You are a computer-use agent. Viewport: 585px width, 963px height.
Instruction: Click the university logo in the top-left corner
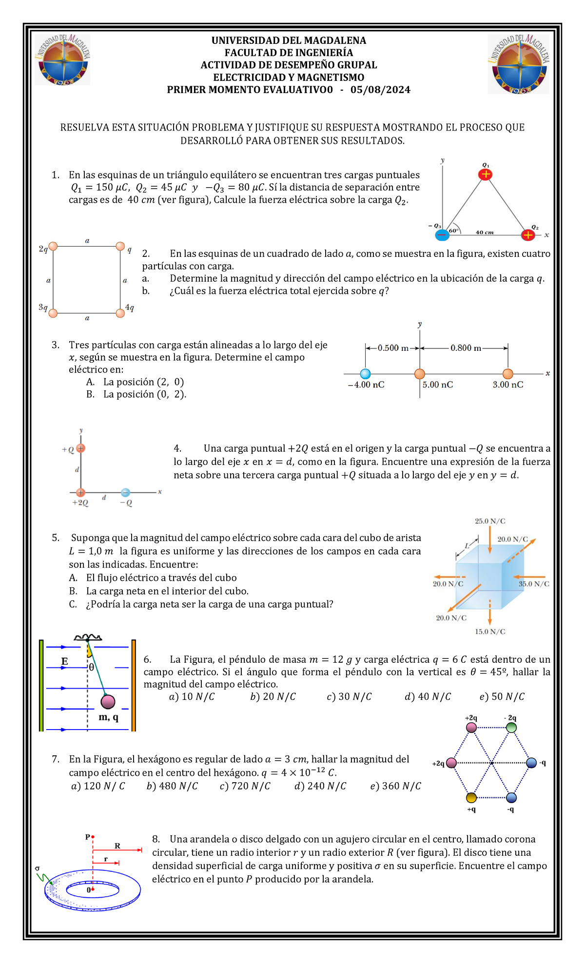[x=62, y=60]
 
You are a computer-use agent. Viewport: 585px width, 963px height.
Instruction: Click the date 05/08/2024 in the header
[x=380, y=90]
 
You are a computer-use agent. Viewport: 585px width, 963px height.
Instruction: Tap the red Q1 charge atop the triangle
[x=485, y=174]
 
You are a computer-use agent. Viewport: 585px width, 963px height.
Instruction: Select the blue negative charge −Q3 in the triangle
[x=442, y=235]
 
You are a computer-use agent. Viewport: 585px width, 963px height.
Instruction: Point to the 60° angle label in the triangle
[x=453, y=231]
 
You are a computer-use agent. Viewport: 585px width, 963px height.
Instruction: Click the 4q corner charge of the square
[x=120, y=313]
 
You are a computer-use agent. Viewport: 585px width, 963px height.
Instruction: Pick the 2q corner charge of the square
[x=53, y=246]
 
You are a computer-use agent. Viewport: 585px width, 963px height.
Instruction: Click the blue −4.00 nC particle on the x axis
[x=365, y=374]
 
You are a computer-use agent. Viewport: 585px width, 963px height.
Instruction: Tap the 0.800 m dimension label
[x=466, y=348]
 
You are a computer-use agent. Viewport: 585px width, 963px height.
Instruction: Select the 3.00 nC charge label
[x=508, y=385]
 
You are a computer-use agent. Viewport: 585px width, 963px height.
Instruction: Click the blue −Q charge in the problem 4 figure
[x=125, y=492]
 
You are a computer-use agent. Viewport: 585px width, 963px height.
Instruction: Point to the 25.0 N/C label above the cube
[x=490, y=521]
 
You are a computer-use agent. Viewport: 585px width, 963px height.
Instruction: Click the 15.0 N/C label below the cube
[x=490, y=632]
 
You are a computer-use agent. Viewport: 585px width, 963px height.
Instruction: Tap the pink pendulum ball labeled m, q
[x=108, y=701]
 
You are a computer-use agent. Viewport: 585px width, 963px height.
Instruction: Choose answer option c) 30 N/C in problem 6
[x=349, y=696]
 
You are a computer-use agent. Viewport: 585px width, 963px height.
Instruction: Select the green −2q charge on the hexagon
[x=511, y=727]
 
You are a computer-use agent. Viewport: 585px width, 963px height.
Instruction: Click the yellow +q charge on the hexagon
[x=471, y=798]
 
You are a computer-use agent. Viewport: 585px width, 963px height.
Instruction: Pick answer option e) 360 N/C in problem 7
[x=395, y=786]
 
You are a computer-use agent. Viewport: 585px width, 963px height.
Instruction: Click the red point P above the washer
[x=93, y=837]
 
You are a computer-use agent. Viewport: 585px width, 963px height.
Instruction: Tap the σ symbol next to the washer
[x=38, y=868]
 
